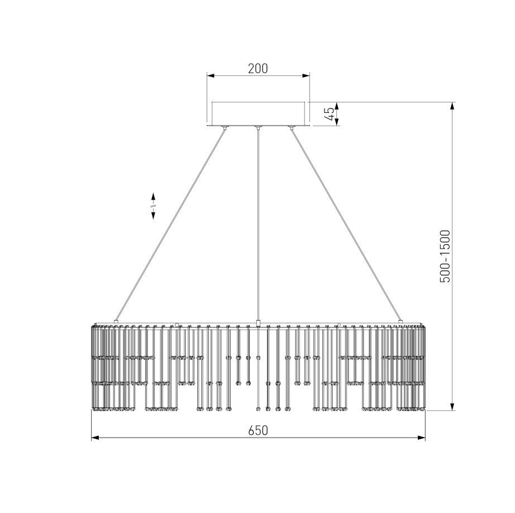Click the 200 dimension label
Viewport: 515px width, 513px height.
click(258, 68)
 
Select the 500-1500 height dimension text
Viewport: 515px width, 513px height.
click(445, 256)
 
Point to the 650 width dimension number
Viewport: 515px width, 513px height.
click(258, 430)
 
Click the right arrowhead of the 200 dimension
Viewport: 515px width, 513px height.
click(306, 76)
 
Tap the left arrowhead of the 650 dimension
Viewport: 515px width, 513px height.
click(96, 438)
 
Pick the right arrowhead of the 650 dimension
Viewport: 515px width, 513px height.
click(421, 438)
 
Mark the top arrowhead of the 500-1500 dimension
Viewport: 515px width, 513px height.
click(452, 106)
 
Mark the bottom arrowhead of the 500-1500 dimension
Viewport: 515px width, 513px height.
click(452, 406)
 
